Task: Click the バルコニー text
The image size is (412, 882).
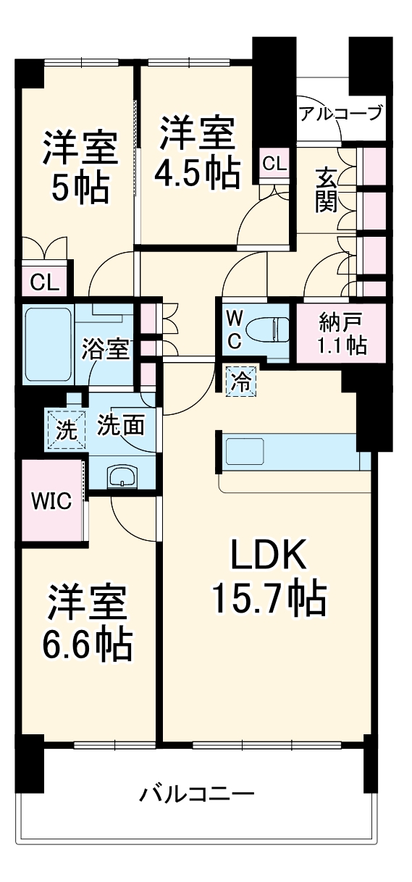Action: (x=197, y=794)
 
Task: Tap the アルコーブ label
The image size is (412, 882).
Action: (x=340, y=114)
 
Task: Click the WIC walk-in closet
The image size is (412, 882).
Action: (x=50, y=501)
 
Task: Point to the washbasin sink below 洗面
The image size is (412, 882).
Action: (x=122, y=477)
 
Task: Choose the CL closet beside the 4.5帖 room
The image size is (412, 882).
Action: (x=274, y=164)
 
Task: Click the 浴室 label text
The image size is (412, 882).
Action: (x=106, y=350)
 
